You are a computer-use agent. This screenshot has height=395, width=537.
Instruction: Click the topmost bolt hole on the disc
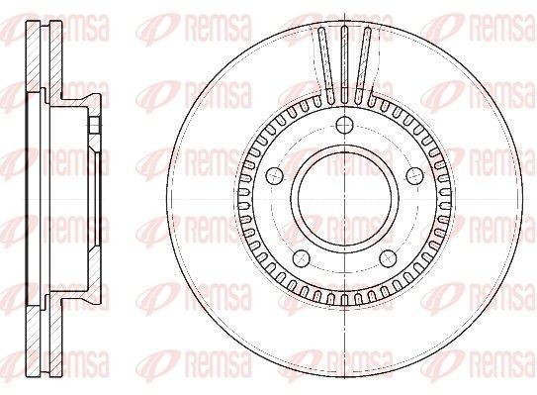[x=343, y=126]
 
